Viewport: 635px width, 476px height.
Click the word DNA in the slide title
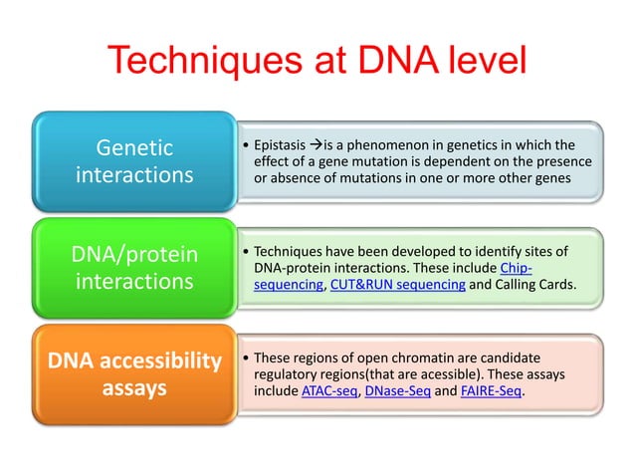click(x=378, y=61)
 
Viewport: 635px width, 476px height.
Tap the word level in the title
click(x=476, y=61)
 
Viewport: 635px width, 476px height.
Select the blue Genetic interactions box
click(x=134, y=161)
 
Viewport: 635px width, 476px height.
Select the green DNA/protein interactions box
click(x=134, y=268)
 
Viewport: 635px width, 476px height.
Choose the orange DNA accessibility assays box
click(x=134, y=373)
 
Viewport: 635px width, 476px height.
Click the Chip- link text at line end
click(x=515, y=269)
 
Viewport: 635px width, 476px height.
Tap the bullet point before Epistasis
click(x=246, y=143)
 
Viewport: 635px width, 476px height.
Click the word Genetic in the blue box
click(x=134, y=148)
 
